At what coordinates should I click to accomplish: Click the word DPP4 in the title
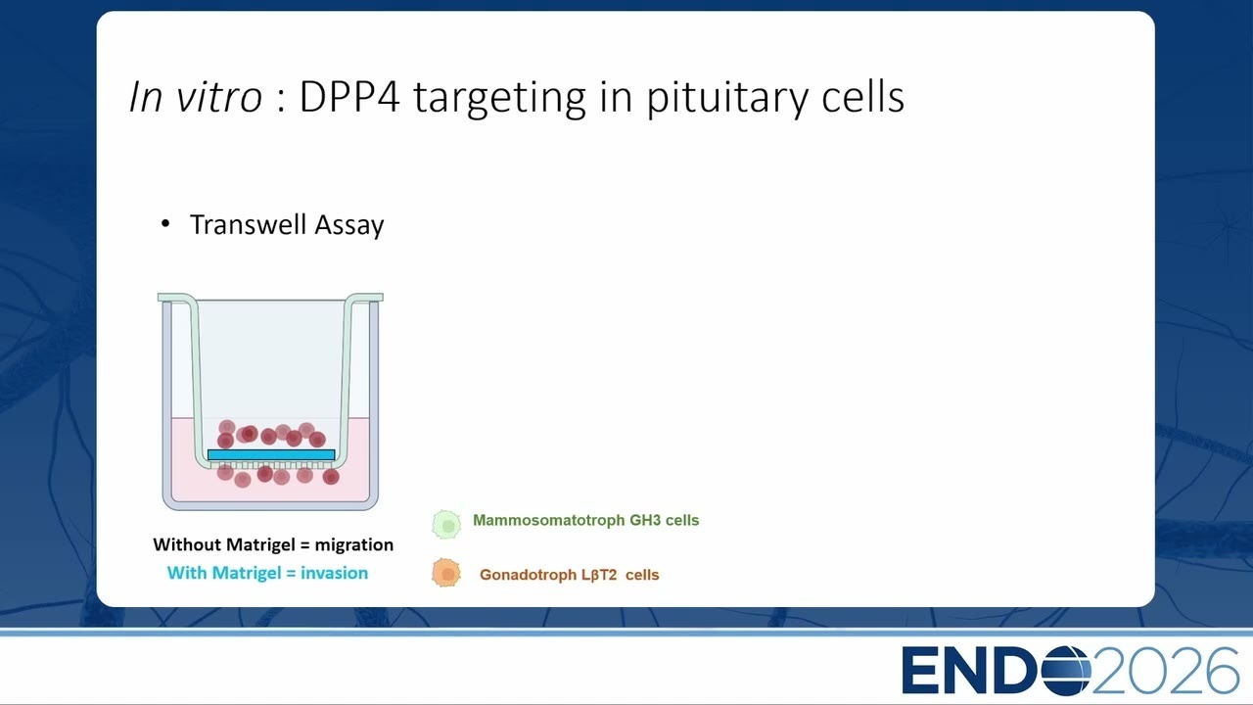pos(349,97)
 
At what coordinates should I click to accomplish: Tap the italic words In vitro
pos(195,97)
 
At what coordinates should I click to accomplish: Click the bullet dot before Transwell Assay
pos(165,224)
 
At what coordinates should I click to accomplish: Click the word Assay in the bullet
pos(349,226)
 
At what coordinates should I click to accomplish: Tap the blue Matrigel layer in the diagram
pos(271,455)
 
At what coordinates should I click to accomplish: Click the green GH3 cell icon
pos(446,524)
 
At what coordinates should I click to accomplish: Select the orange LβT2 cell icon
pos(446,573)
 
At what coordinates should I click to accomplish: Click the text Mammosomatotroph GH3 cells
pos(585,520)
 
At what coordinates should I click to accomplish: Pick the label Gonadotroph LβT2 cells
pos(569,575)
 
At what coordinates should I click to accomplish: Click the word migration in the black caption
pos(354,545)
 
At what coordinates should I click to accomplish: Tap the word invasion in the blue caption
pos(334,573)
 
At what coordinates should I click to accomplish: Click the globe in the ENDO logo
pos(1066,671)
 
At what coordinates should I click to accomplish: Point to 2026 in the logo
pos(1166,671)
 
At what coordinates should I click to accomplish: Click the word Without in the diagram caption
pos(185,544)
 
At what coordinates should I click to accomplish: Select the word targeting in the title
pos(499,100)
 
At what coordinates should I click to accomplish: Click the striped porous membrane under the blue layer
pos(271,465)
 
